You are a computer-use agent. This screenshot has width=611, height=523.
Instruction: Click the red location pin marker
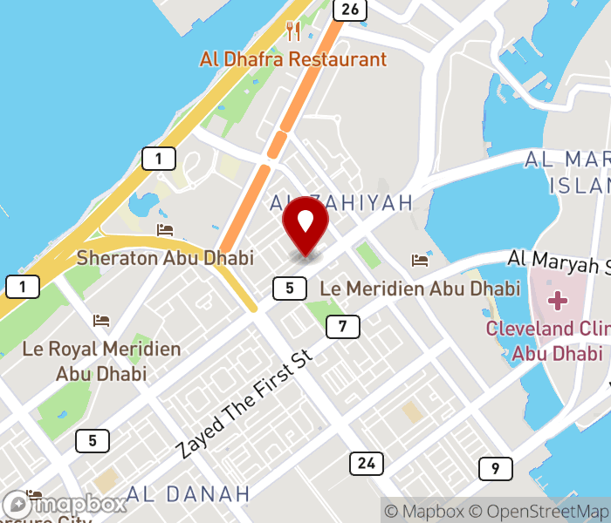coord(305,225)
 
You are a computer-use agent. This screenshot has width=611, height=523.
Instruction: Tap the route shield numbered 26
coord(349,10)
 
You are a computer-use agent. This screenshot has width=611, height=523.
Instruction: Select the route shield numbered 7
coord(343,327)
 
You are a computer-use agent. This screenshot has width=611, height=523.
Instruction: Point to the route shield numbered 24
coord(367,463)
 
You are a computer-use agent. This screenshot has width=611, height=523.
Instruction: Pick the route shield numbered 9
coord(495,469)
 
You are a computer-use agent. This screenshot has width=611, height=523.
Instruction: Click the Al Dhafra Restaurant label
coord(292,60)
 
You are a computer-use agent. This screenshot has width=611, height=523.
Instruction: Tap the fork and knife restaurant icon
coord(293,31)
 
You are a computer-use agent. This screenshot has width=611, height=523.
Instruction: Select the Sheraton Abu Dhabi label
coord(165,258)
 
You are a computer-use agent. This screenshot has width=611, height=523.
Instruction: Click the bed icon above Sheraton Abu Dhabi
coord(165,230)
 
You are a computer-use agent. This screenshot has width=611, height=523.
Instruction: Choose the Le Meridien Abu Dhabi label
coord(420,288)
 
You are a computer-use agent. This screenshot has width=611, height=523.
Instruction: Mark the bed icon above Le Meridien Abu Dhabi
coord(420,260)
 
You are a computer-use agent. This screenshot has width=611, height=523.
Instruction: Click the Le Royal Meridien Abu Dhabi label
coord(101,361)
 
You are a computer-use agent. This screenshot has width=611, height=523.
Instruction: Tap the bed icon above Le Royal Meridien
coord(101,321)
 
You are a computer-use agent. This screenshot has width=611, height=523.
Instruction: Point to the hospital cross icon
coord(557,302)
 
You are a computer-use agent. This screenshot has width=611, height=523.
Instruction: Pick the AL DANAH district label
coord(188,494)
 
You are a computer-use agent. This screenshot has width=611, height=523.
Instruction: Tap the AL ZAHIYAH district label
coord(341,203)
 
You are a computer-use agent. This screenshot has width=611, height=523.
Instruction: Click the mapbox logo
coord(65,504)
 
